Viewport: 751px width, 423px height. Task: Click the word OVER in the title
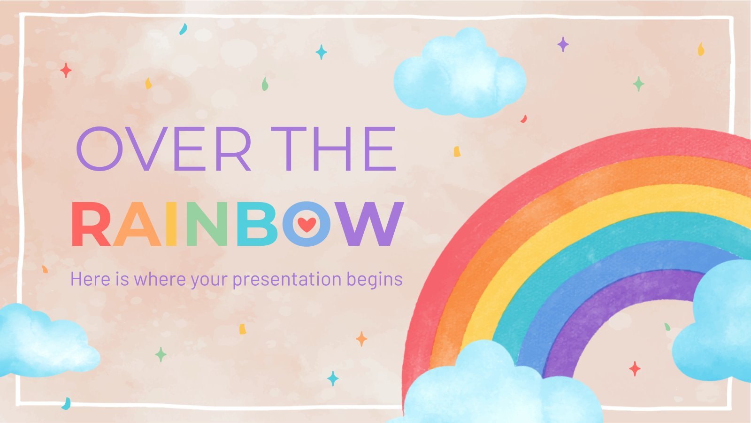164,149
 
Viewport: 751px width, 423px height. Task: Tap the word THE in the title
334,149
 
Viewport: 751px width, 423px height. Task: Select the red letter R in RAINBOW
91,224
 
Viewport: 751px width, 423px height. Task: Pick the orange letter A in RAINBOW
137,224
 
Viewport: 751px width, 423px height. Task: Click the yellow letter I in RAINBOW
171,224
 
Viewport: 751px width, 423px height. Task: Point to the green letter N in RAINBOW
207,224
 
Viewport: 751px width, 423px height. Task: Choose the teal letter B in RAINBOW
257,224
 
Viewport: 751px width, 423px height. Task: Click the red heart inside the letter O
307,224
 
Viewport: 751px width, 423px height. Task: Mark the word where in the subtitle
160,279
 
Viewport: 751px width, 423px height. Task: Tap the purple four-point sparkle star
563,44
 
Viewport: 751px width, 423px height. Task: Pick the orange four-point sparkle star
361,339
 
